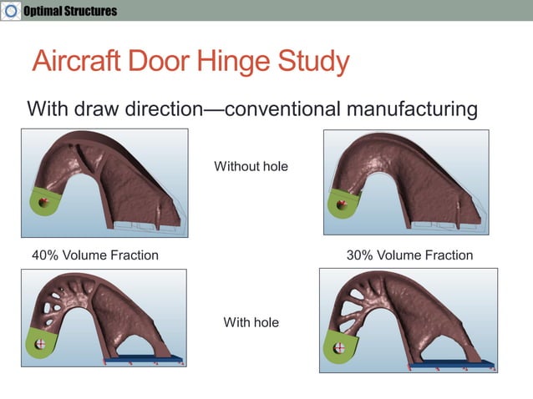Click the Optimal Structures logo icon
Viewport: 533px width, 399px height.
point(10,10)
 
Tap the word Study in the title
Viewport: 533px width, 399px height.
point(315,63)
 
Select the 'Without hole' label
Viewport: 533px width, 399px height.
point(251,166)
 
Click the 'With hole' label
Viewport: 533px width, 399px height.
point(251,321)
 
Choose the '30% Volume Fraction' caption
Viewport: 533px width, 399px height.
point(409,255)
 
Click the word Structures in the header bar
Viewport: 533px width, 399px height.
point(91,11)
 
